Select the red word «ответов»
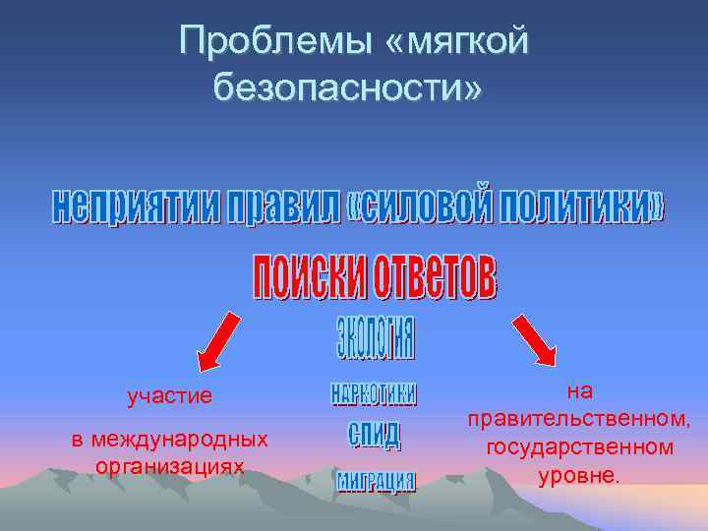430,278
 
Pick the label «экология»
375,337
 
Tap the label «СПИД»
375,435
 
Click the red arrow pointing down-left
217,341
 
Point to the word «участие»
170,397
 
